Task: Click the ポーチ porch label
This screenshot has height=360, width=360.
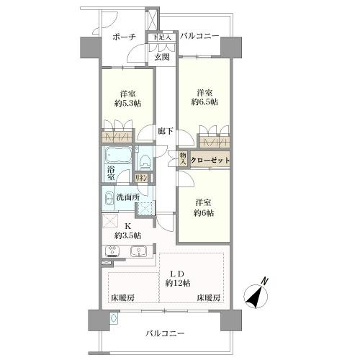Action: point(124,37)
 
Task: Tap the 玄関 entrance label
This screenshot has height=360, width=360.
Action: point(162,57)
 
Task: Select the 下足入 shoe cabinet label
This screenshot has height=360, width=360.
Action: point(162,37)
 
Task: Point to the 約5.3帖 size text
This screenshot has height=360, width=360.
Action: point(127,104)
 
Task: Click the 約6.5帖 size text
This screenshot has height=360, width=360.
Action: point(204,102)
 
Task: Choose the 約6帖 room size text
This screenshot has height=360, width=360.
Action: point(204,213)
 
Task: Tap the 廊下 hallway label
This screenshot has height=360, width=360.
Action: point(166,131)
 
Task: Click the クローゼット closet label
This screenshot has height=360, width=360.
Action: point(210,160)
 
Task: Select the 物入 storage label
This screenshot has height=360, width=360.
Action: point(183,158)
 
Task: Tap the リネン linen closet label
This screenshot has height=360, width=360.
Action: point(141,179)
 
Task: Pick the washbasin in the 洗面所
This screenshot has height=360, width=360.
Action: point(109,199)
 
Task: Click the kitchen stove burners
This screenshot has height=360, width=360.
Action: point(112,251)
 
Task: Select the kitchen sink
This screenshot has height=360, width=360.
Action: point(139,251)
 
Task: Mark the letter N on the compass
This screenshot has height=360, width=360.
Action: point(264,281)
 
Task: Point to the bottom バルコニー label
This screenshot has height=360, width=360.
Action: point(165,333)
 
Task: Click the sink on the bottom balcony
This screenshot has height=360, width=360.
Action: point(114,318)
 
